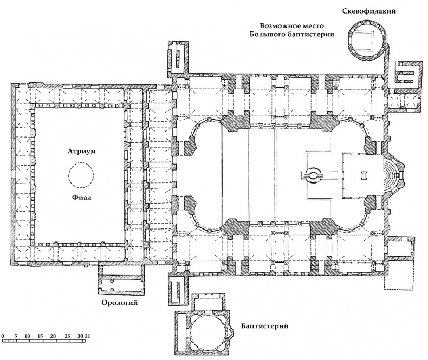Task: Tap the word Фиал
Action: pyautogui.click(x=81, y=198)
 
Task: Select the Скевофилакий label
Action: pyautogui.click(x=367, y=11)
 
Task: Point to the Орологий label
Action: pyautogui.click(x=117, y=302)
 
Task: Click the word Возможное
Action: pyautogui.click(x=281, y=25)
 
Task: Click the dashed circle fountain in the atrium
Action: pyautogui.click(x=81, y=175)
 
